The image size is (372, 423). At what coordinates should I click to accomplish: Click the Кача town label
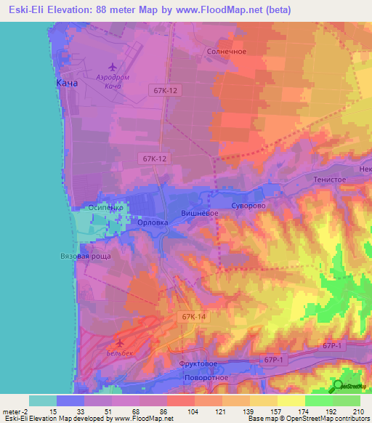67,84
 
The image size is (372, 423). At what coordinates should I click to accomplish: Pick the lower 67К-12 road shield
155,158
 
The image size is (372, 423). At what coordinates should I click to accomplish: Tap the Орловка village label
153,222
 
